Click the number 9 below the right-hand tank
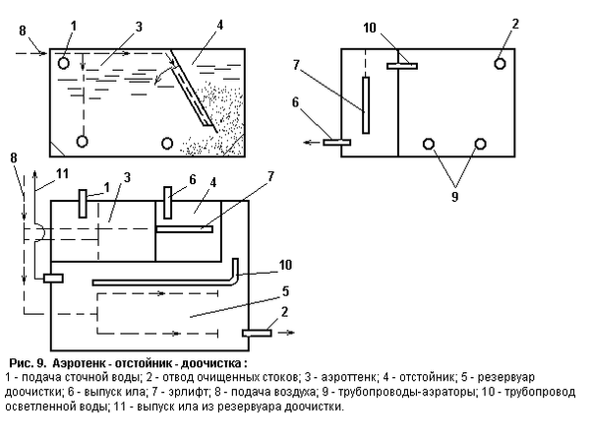click(455, 197)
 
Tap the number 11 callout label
click(62, 174)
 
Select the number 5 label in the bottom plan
click(285, 291)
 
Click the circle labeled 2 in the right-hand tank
click(500, 64)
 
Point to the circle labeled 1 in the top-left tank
click(64, 63)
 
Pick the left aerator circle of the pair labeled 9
click(429, 144)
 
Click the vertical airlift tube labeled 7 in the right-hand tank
click(366, 105)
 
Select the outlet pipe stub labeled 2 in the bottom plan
click(257, 333)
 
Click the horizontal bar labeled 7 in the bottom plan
click(185, 229)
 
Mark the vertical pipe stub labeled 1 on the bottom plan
click(83, 204)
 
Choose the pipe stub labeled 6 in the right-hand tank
click(336, 143)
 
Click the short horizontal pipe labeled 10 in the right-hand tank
click(402, 66)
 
